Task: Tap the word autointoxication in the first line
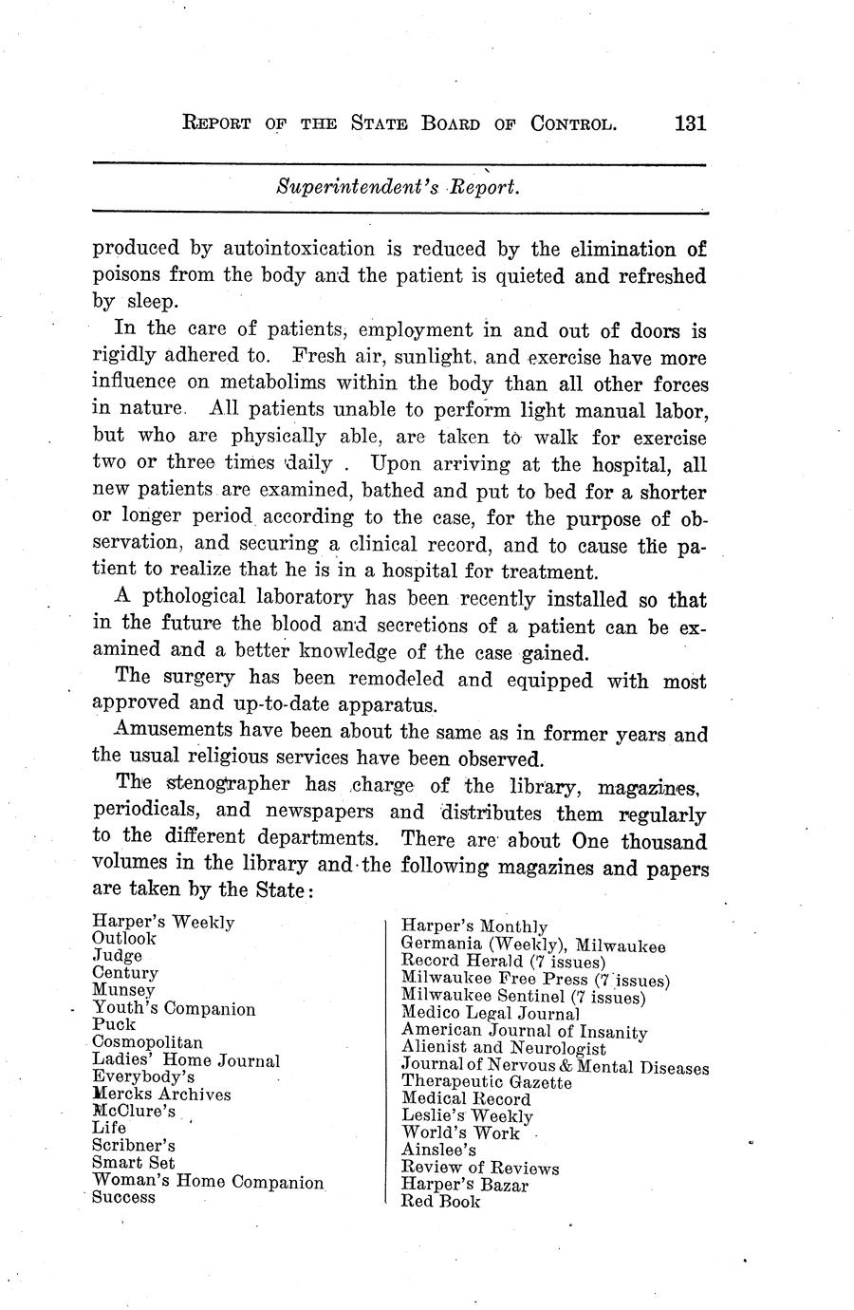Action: point(300,250)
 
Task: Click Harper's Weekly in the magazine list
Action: point(163,922)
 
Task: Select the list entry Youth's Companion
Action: point(174,1008)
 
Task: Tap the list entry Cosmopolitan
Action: point(147,1042)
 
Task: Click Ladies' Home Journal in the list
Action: point(186,1060)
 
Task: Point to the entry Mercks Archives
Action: point(161,1094)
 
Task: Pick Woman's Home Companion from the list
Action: point(208,1182)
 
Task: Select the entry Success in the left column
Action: point(123,1197)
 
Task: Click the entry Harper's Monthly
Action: point(474,926)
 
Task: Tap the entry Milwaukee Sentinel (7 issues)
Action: point(524,997)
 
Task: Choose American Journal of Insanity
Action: point(525,1031)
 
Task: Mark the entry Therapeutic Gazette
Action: point(487,1082)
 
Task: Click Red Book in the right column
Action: point(441,1202)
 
